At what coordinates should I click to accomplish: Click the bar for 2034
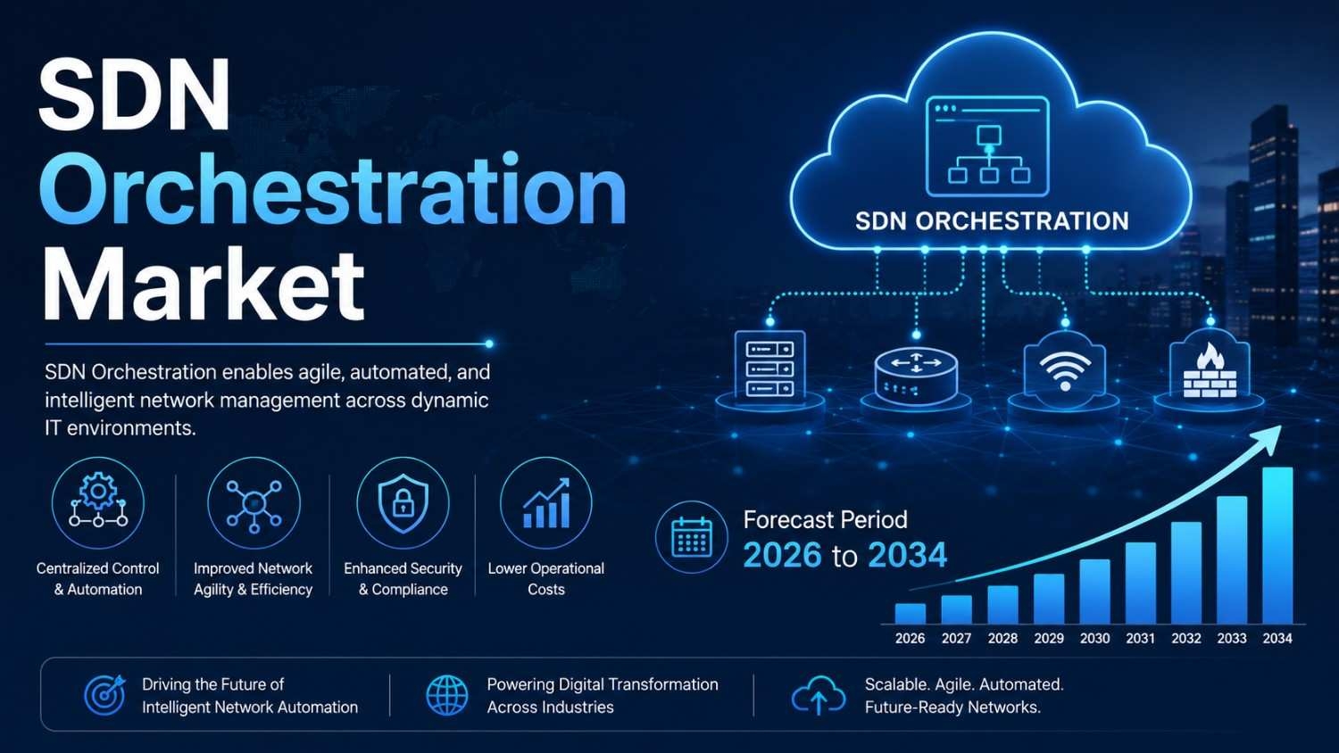[1277, 545]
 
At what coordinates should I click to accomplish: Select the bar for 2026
[910, 613]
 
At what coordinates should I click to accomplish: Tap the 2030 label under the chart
[1094, 638]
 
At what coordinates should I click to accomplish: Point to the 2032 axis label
[1186, 638]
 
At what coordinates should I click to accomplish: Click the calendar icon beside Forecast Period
[692, 537]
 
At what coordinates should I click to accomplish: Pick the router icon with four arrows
[916, 375]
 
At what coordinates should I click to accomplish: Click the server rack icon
[769, 368]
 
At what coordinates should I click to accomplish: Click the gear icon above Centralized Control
[98, 503]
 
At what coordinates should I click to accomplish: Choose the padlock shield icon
[403, 503]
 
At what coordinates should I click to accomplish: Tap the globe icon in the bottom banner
[446, 696]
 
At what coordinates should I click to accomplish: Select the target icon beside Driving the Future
[105, 695]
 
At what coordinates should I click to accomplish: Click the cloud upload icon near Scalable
[819, 696]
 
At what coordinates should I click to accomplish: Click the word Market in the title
[204, 285]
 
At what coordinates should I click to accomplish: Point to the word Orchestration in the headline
[332, 188]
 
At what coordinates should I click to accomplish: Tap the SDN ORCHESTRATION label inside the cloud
[992, 221]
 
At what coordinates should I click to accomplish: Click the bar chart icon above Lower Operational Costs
[546, 503]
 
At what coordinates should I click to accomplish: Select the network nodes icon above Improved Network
[254, 505]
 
